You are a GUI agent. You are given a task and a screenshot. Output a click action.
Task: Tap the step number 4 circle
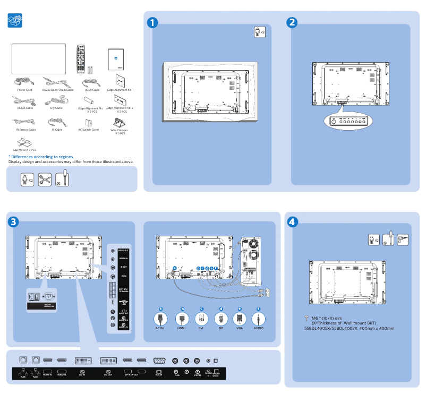pyautogui.click(x=292, y=221)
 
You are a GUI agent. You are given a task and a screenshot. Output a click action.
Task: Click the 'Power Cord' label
pyautogui.click(x=24, y=90)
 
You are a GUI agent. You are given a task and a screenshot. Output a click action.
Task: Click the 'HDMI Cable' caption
pyautogui.click(x=92, y=90)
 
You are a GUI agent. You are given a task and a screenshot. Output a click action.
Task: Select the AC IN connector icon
pyautogui.click(x=160, y=319)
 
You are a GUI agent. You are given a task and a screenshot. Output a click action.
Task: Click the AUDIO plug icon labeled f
pyautogui.click(x=258, y=319)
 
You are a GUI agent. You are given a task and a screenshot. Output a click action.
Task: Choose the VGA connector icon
pyautogui.click(x=239, y=319)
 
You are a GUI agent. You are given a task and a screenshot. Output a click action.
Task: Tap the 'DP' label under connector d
pyautogui.click(x=220, y=329)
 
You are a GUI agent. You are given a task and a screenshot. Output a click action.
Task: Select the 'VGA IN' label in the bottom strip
pyautogui.click(x=158, y=375)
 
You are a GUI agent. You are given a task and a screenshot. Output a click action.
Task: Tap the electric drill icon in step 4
pyautogui.click(x=403, y=240)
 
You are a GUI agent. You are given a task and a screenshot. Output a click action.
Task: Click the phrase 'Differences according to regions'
pyautogui.click(x=42, y=157)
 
